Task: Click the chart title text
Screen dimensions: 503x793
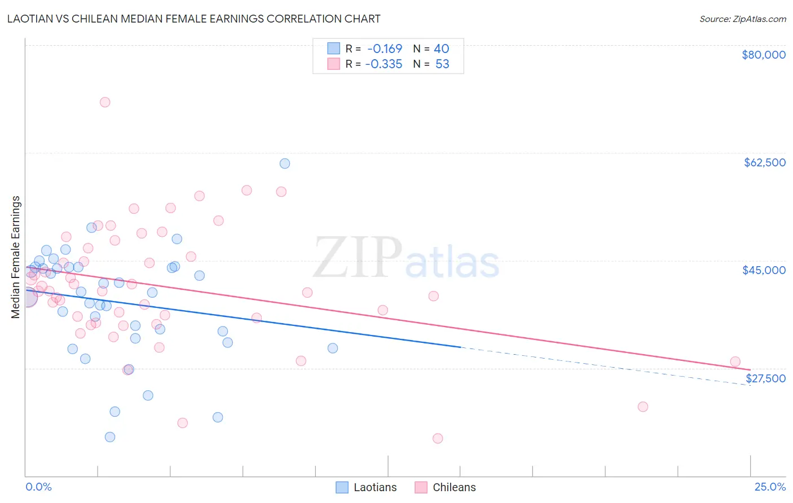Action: click(193, 19)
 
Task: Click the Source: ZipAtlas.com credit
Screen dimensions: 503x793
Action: click(742, 19)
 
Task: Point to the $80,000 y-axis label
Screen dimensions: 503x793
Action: click(763, 55)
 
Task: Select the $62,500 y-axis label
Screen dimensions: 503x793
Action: click(764, 162)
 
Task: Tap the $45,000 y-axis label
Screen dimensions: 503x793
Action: click(764, 270)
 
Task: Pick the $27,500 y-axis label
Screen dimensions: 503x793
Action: click(765, 378)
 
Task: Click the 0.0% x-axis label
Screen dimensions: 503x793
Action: click(39, 487)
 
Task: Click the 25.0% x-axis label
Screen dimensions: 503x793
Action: click(770, 487)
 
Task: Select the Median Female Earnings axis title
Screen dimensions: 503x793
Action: click(16, 257)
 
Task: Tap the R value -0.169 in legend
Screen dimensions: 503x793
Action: click(384, 48)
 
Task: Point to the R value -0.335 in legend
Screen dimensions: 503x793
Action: click(384, 64)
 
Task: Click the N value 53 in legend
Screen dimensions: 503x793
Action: click(442, 64)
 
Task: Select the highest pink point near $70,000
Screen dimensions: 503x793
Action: click(105, 102)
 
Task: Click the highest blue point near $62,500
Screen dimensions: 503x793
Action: click(285, 164)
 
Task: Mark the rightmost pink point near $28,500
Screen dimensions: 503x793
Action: click(735, 361)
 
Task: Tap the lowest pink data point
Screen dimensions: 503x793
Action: click(438, 438)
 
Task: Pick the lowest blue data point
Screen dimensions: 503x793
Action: click(110, 437)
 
